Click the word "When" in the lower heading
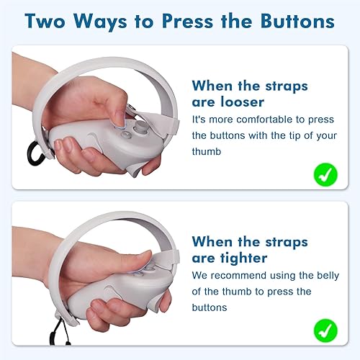214,242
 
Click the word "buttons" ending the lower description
212,307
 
